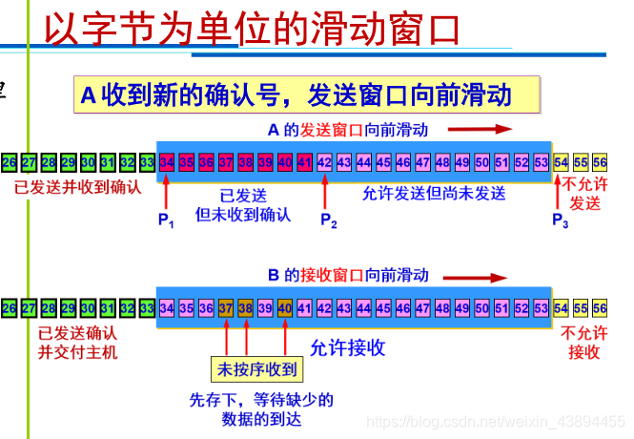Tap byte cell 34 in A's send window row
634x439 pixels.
(167, 161)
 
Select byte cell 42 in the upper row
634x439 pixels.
(324, 161)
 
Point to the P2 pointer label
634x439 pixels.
(328, 221)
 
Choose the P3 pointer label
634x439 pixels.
(561, 221)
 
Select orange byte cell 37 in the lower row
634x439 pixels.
(226, 308)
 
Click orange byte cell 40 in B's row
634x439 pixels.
(285, 308)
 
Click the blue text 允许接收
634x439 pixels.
(348, 347)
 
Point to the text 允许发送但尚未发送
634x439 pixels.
(435, 194)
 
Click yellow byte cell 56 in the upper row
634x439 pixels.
(599, 161)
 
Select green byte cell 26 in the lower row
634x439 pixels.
(10, 308)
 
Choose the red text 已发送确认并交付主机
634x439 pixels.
(78, 343)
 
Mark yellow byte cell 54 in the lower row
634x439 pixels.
(561, 308)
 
